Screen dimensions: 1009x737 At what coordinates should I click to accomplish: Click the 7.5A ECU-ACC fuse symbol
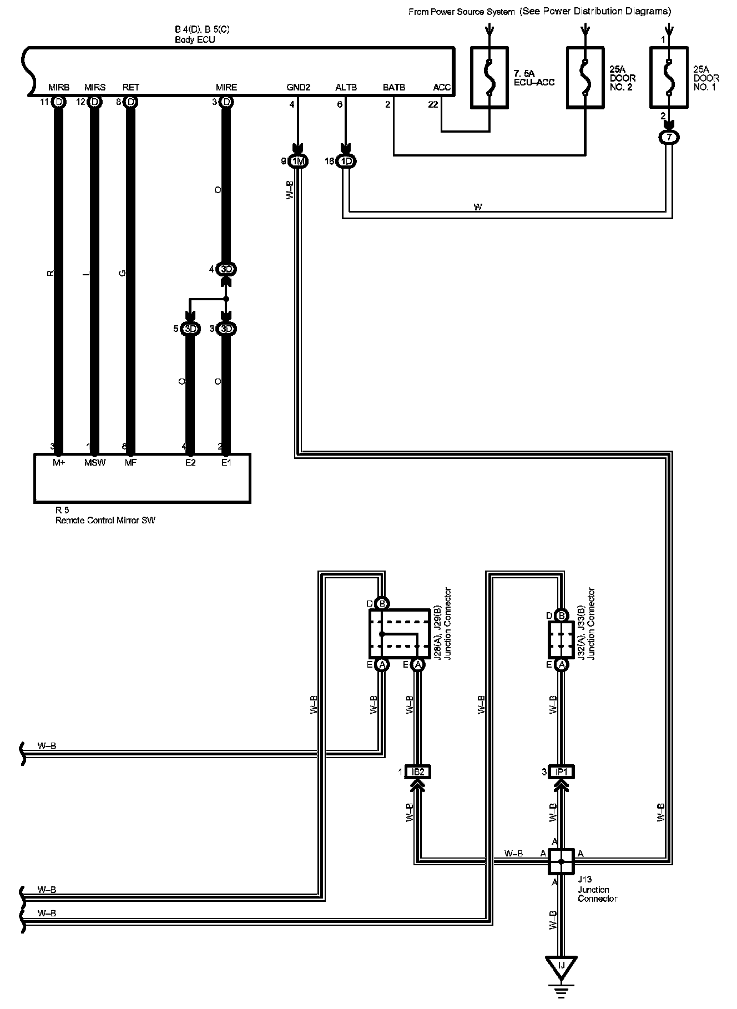point(489,77)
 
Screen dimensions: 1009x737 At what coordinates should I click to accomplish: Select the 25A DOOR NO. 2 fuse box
point(584,77)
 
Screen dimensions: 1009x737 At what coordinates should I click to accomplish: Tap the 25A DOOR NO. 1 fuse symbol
point(669,77)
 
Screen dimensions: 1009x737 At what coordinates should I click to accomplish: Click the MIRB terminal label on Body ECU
point(59,87)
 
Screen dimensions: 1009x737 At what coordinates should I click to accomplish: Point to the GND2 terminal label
point(298,87)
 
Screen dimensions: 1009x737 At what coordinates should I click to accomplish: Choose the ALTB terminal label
point(346,87)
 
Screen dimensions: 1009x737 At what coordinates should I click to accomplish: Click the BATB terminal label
point(394,87)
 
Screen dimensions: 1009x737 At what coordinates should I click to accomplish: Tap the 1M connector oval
point(299,162)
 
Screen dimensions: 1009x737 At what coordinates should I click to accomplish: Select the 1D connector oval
point(347,162)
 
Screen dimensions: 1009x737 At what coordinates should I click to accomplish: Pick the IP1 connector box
point(561,771)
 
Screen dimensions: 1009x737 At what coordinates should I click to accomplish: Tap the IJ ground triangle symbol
point(561,966)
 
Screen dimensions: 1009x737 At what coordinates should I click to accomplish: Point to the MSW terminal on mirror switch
point(94,463)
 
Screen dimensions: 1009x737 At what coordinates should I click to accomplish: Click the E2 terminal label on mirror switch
point(190,463)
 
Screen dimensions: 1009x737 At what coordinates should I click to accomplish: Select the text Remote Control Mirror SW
point(105,521)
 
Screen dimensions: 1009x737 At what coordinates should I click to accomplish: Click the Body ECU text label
point(195,40)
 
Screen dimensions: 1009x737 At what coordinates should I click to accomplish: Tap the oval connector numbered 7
point(669,138)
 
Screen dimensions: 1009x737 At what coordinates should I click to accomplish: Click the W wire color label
point(478,207)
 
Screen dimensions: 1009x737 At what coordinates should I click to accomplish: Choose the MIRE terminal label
point(226,87)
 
